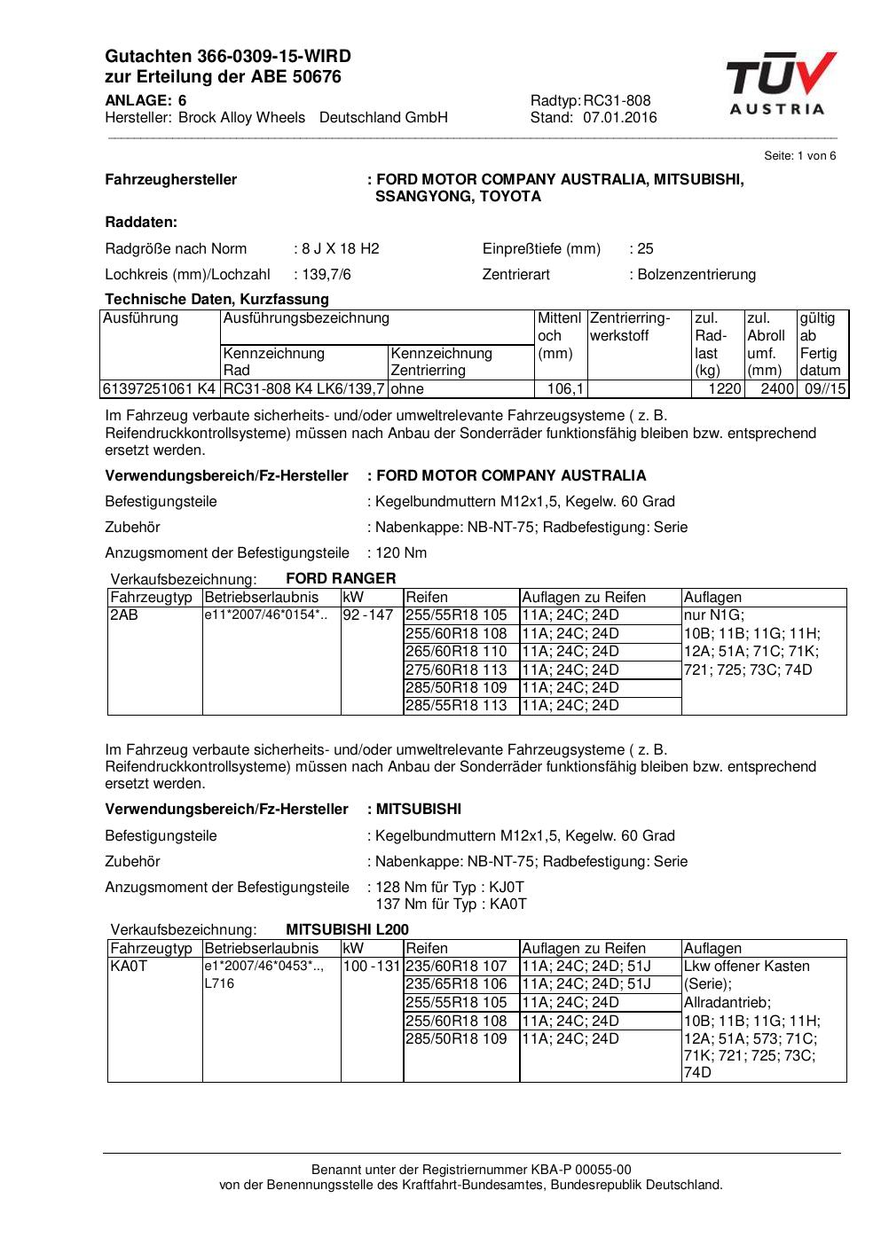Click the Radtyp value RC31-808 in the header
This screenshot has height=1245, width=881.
617,100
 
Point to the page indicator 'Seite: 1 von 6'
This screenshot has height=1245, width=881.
799,156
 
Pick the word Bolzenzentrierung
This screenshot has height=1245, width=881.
696,274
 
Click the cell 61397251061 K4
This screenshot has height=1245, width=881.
159,388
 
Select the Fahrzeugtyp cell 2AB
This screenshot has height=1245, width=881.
124,615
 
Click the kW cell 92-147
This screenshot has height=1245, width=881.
368,615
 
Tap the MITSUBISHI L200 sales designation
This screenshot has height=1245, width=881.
347,929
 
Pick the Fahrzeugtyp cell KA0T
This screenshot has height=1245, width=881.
129,966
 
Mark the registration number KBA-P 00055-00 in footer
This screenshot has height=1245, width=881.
581,1170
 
